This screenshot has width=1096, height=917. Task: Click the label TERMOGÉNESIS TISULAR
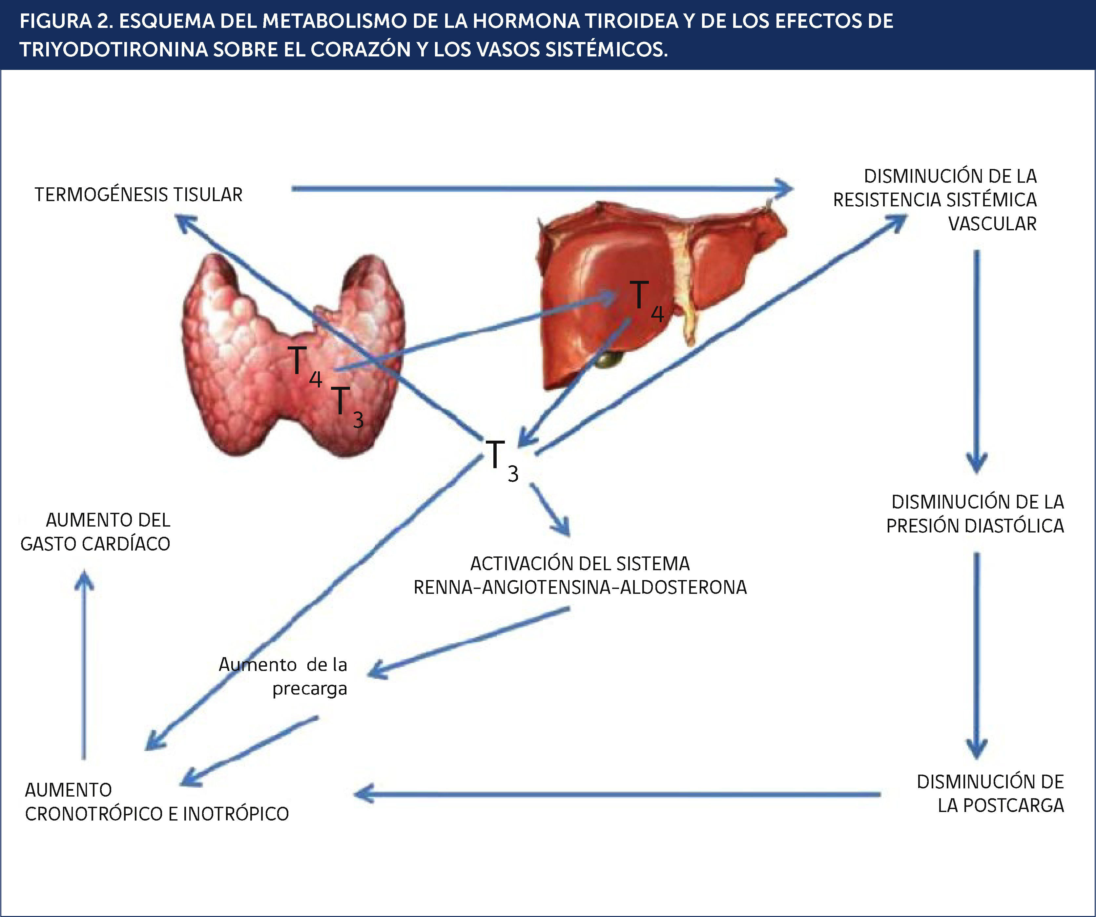coord(138,195)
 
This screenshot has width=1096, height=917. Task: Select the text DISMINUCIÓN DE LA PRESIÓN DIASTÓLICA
coord(975,513)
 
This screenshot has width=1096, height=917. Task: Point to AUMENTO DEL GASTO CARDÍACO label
coord(95,532)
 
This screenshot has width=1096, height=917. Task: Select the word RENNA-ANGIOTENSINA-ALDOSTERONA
coord(580,588)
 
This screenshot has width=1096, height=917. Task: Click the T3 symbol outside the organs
coord(501,459)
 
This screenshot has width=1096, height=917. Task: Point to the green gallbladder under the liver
coord(610,359)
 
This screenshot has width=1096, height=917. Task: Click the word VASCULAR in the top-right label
coord(992,224)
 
